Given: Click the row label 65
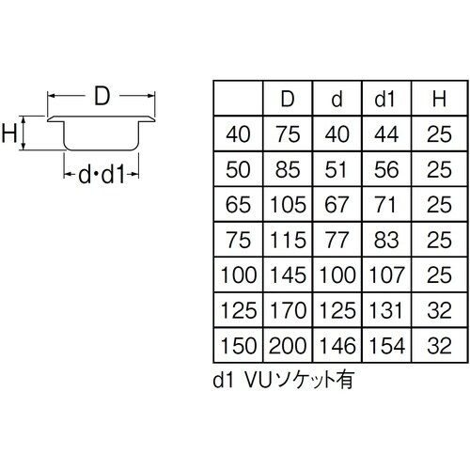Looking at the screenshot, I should click(x=239, y=205).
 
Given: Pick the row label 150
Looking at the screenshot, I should click(x=239, y=345).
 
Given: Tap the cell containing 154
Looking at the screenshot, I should click(x=385, y=345).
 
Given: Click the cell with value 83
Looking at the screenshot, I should click(x=385, y=241).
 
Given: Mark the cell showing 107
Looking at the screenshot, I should click(x=385, y=275).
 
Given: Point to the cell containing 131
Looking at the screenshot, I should click(x=385, y=310).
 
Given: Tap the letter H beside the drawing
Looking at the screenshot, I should click(x=11, y=134).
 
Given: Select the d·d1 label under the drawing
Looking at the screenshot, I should click(x=101, y=175).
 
